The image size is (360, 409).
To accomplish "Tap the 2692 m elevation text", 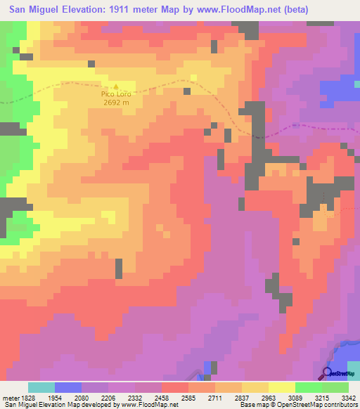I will click(x=116, y=103).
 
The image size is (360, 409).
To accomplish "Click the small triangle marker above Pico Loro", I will click(x=116, y=86).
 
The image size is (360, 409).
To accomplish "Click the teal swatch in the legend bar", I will click(x=41, y=387).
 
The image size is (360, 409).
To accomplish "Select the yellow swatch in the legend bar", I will click(x=281, y=387).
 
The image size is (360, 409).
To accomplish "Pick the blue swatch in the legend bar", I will click(x=68, y=387).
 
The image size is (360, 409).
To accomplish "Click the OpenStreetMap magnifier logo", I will click(x=328, y=372).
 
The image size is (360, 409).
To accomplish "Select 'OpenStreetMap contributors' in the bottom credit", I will click(x=314, y=405).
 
